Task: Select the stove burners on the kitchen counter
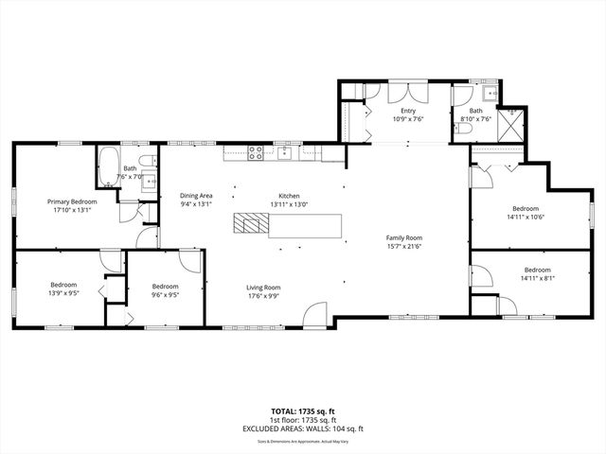tap(255, 151)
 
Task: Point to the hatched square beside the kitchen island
tap(251, 223)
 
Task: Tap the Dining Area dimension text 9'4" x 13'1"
tap(197, 203)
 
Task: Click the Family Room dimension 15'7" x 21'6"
tap(403, 246)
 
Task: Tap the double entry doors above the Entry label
tap(408, 95)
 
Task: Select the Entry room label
tap(408, 111)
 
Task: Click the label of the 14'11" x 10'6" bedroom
tap(526, 208)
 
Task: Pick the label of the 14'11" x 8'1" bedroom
tap(536, 270)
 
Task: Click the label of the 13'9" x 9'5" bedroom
tap(63, 285)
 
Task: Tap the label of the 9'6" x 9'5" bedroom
tap(166, 287)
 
